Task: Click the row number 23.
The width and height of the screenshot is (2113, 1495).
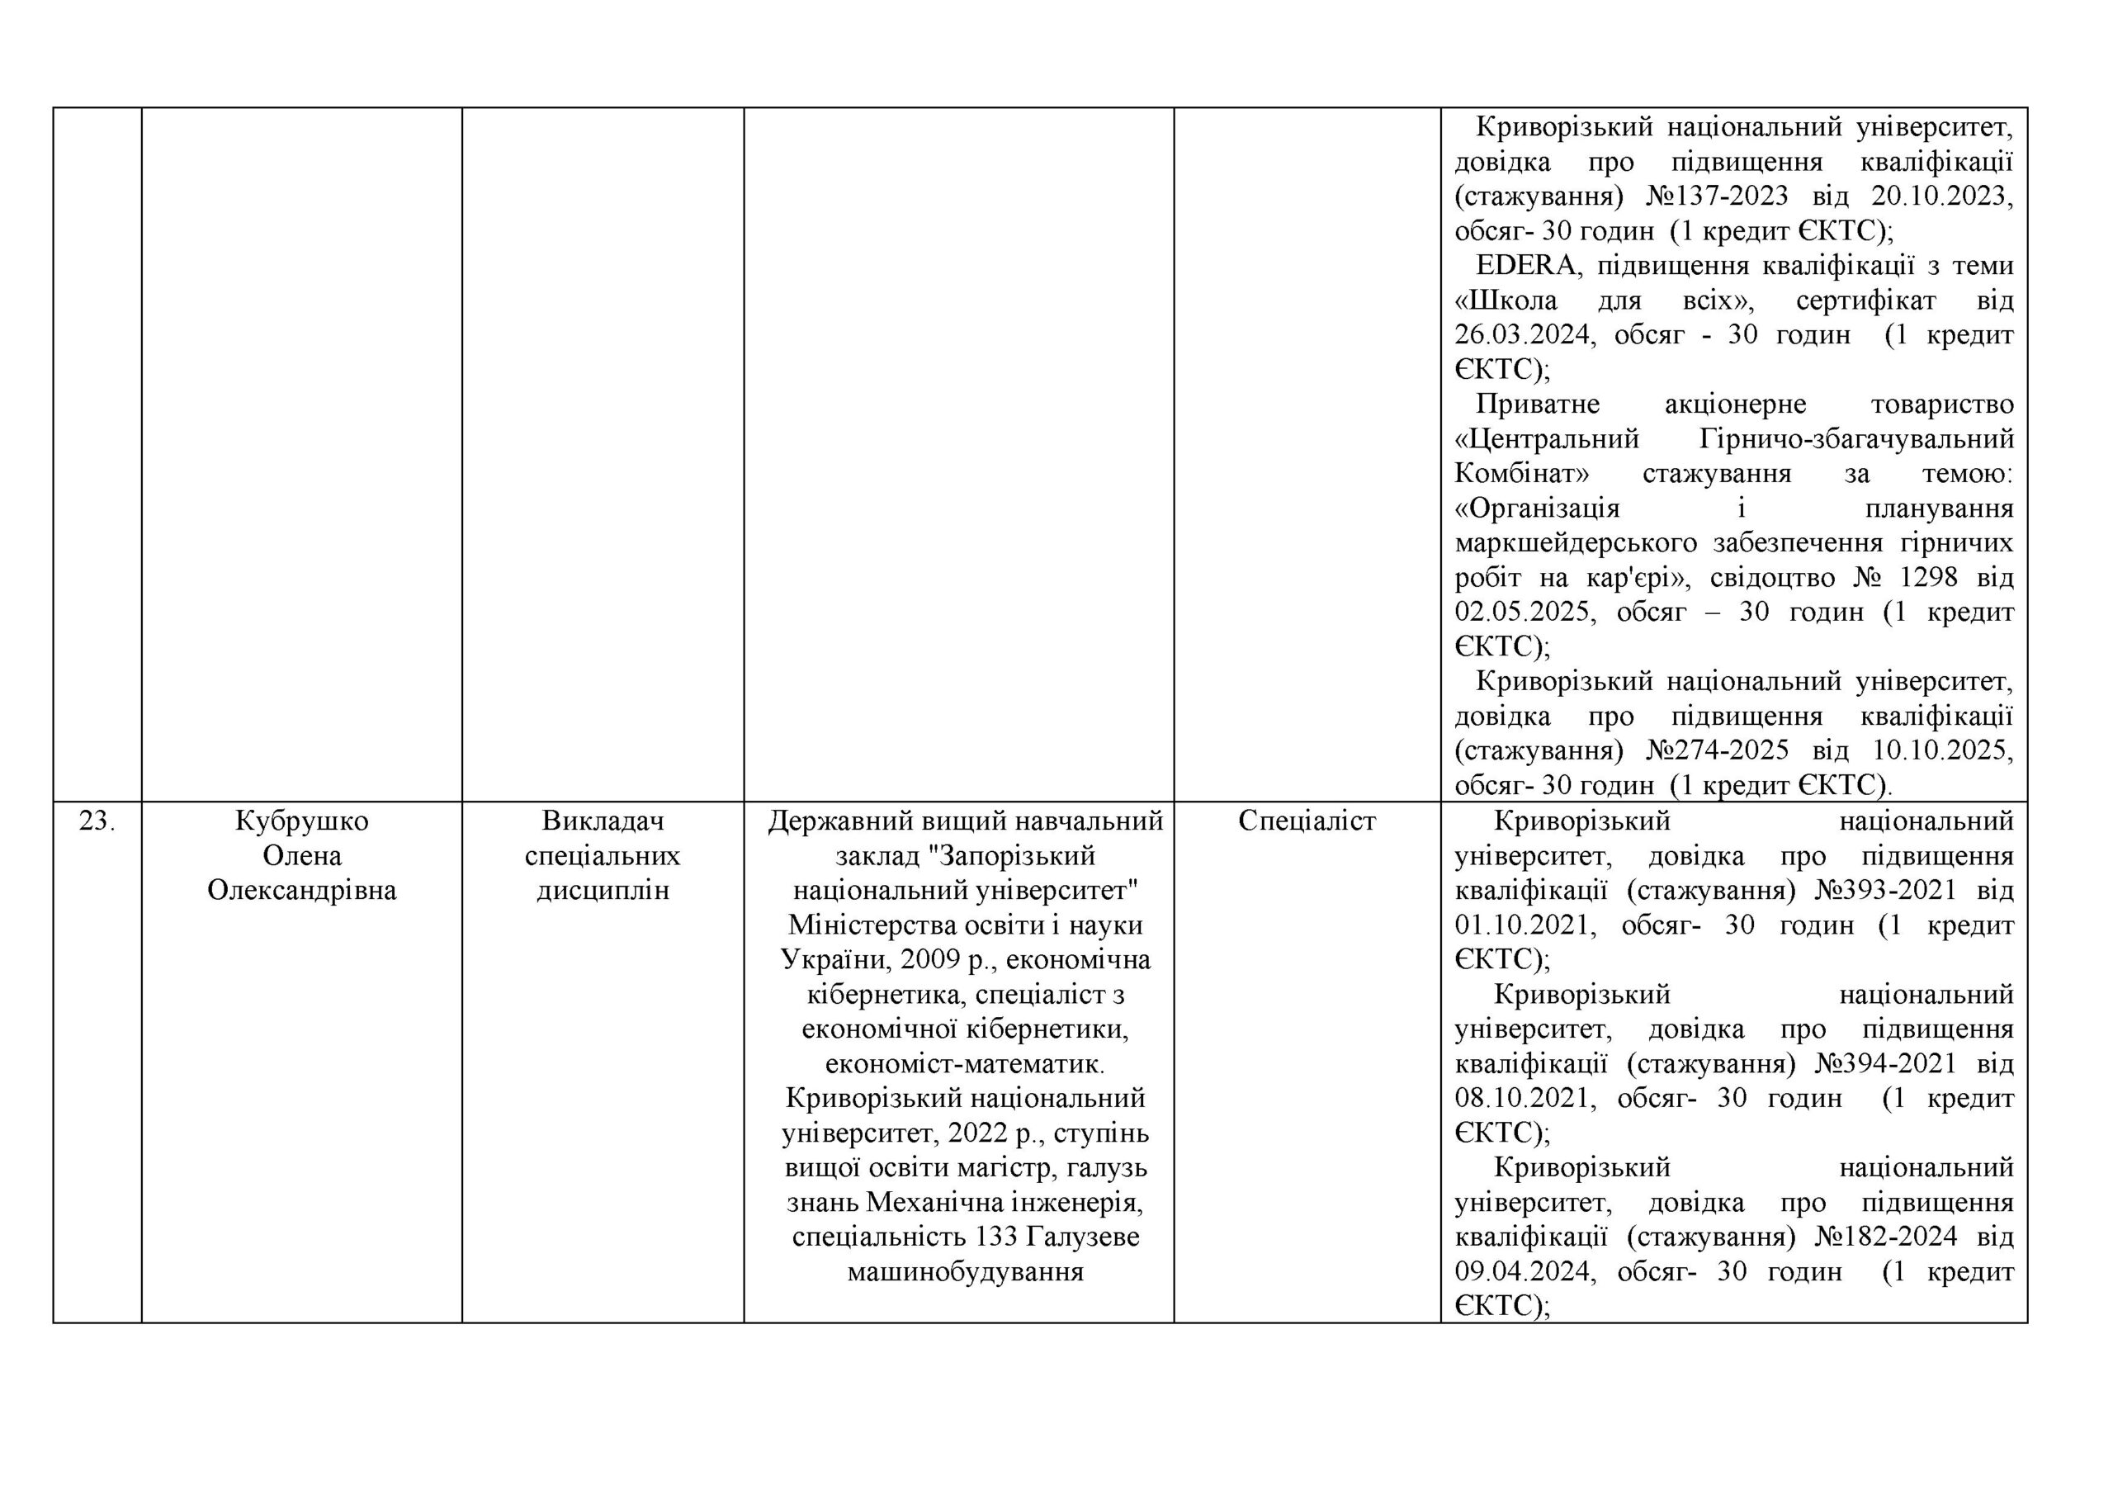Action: (97, 821)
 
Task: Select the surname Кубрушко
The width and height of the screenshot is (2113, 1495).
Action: (302, 821)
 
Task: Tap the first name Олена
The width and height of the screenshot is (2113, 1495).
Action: (302, 856)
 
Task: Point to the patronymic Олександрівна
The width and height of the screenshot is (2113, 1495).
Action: (302, 891)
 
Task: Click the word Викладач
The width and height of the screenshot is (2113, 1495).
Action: (603, 821)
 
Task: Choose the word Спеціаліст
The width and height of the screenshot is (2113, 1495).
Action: (1307, 821)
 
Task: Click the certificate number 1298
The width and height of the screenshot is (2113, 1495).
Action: (1929, 578)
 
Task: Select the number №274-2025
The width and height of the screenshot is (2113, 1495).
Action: (1718, 750)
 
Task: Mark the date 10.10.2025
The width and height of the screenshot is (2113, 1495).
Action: (1943, 750)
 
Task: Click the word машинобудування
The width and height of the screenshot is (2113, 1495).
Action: (965, 1272)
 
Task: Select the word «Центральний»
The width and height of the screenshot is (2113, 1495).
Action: (1547, 439)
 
